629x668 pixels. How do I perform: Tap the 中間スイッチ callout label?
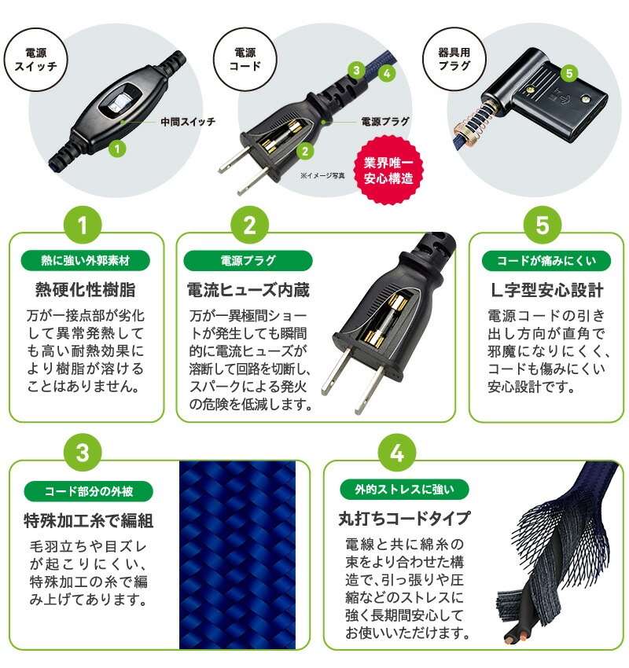pyautogui.click(x=187, y=122)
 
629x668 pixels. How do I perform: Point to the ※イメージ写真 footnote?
pyautogui.click(x=322, y=175)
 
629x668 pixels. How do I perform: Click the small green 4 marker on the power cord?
pyautogui.click(x=386, y=73)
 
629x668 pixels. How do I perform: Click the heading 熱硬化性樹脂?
pyautogui.click(x=85, y=289)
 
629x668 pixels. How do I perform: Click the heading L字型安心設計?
pyautogui.click(x=542, y=289)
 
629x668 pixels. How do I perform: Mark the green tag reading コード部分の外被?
pyautogui.click(x=85, y=493)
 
